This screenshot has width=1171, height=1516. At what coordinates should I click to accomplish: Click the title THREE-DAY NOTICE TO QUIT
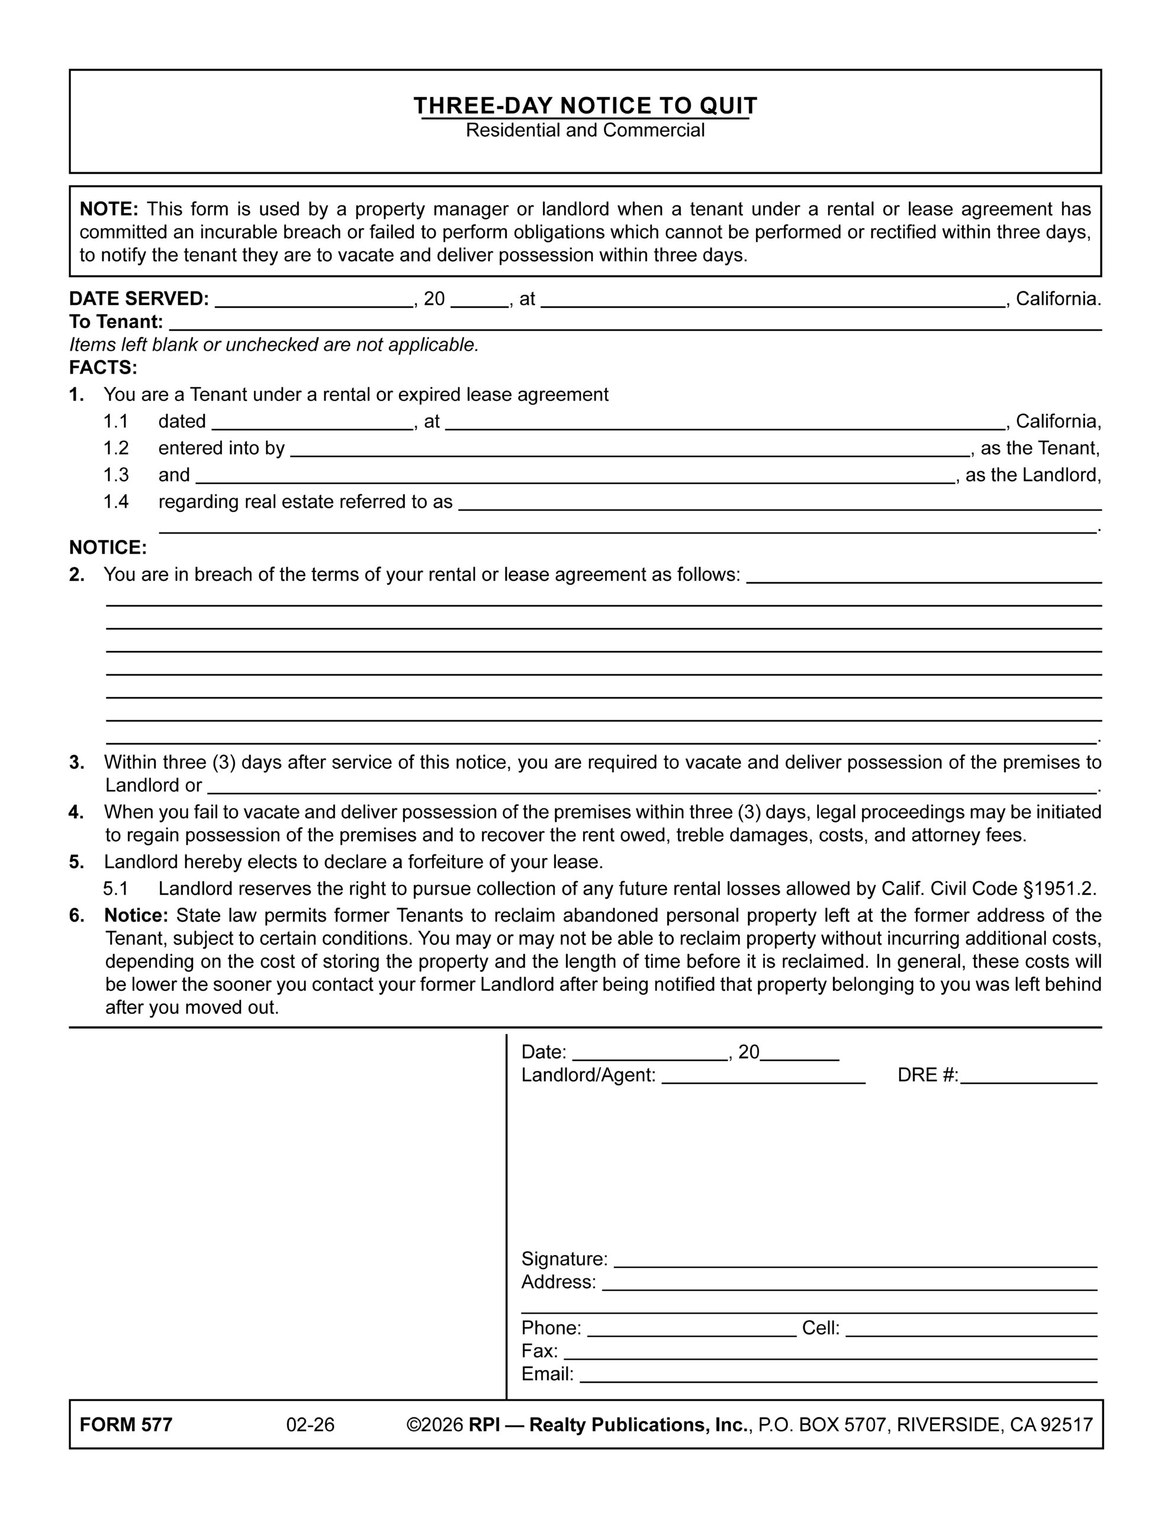tap(585, 105)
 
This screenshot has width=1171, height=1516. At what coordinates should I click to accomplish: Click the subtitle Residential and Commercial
tap(585, 130)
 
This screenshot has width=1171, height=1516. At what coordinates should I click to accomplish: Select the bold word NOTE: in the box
tap(109, 209)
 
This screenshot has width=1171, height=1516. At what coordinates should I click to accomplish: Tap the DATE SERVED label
tap(139, 298)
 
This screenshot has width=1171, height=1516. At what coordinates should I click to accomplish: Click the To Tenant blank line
tap(635, 323)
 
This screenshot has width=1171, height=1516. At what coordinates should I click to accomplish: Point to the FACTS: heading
tap(104, 367)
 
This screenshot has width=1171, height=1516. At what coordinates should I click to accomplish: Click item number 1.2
tap(116, 448)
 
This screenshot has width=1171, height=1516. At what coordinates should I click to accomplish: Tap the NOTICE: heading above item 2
tap(108, 548)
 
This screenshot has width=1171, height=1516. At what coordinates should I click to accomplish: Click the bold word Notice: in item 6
tap(136, 916)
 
